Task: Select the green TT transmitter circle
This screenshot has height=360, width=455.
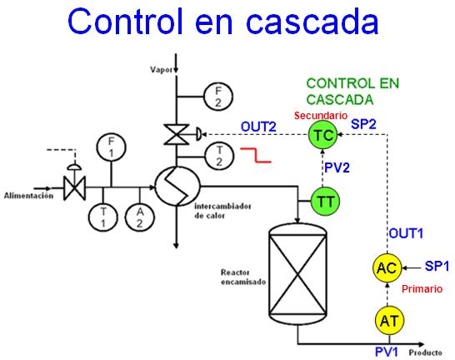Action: (323, 200)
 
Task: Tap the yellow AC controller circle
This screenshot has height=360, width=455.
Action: (386, 267)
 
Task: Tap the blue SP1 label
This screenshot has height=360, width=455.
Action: (437, 266)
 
